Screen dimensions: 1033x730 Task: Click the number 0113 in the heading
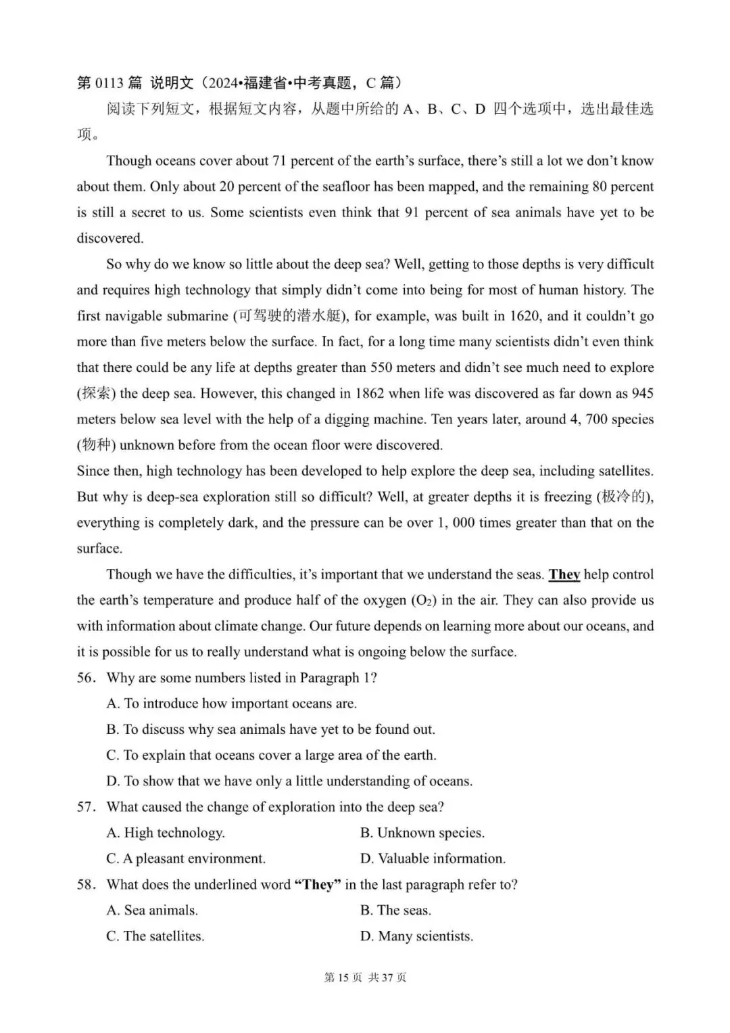(109, 83)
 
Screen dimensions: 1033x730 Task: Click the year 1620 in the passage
(525, 316)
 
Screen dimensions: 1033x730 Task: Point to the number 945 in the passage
(641, 394)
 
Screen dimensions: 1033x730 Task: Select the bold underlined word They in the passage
(564, 574)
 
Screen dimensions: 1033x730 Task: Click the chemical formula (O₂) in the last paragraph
(423, 601)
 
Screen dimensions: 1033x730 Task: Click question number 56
(86, 678)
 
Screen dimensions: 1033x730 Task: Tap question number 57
(86, 807)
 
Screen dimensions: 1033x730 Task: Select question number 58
(86, 885)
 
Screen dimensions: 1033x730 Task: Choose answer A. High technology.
(166, 833)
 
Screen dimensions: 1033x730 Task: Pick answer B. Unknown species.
(422, 833)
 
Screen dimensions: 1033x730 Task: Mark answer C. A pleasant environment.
(186, 859)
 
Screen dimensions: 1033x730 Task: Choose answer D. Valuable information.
(433, 859)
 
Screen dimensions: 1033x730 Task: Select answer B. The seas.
(395, 911)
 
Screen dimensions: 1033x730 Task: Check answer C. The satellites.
(155, 936)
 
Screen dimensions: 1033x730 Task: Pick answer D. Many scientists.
(416, 936)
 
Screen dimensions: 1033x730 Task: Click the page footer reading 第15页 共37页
(365, 978)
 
